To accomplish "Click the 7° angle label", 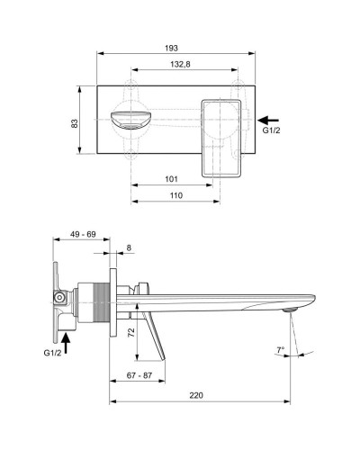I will pyautogui.click(x=280, y=350).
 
